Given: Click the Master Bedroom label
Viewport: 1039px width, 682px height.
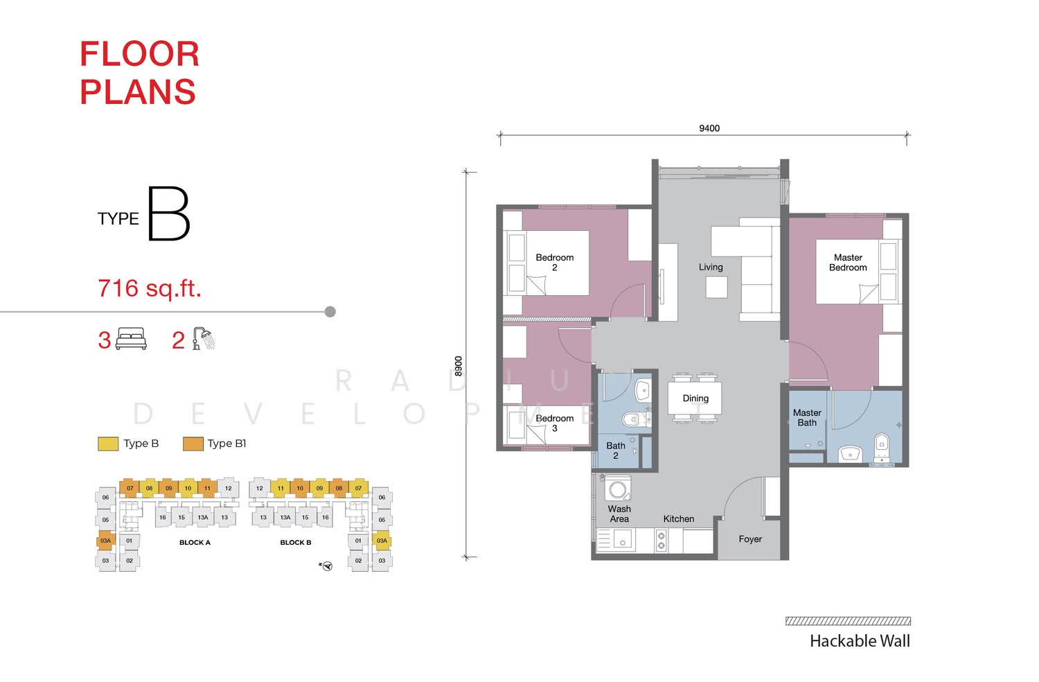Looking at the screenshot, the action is pos(848,262).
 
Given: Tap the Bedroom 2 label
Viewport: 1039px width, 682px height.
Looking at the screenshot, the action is pos(554,262).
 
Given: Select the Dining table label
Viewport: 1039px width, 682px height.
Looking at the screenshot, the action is pos(695,399).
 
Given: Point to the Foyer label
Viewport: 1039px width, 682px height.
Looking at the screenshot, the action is pos(750,539).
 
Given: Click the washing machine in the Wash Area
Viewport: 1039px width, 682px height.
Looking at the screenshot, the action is pos(618,489).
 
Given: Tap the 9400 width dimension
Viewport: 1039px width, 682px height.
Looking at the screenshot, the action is pos(709,128).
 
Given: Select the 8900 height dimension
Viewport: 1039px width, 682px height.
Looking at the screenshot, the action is pos(459,366).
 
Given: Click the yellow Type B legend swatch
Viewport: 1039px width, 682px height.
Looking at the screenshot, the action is pos(108,444).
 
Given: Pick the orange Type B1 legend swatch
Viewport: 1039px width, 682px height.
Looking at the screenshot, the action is pos(193,444).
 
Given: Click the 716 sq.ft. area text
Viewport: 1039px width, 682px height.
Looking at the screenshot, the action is pos(150,288).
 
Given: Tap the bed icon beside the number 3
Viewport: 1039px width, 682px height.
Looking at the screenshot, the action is pos(131,338).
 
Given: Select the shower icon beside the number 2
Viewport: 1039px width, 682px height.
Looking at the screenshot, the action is pos(204,338).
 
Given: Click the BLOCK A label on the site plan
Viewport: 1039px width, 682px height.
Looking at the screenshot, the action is pos(195,542).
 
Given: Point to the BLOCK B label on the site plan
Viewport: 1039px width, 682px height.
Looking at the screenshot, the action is pos(296,542).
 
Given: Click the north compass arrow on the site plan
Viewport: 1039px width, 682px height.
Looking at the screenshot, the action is pos(326,566).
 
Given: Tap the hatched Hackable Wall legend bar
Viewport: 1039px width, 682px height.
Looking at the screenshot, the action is pos(848,621).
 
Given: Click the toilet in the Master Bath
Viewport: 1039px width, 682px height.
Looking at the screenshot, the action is pos(881,446).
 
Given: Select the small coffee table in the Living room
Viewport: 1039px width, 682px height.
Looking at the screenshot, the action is pos(717,288).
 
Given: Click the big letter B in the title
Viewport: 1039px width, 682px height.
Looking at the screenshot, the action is pos(169,213).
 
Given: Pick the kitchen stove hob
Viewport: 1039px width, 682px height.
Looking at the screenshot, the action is pos(661,541).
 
